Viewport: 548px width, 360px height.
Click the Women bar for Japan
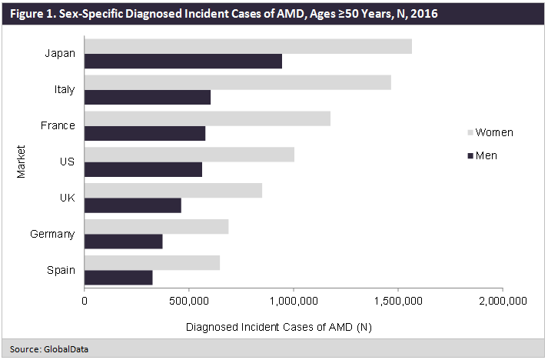point(247,46)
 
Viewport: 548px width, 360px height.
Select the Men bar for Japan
point(183,62)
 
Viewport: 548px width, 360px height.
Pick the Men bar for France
point(144,134)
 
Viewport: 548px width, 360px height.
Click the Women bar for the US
point(189,155)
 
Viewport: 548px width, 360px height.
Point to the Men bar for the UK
point(132,205)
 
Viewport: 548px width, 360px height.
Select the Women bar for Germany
point(156,226)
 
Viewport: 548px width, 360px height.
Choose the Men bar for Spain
point(118,278)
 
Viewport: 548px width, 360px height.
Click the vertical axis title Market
point(21,162)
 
